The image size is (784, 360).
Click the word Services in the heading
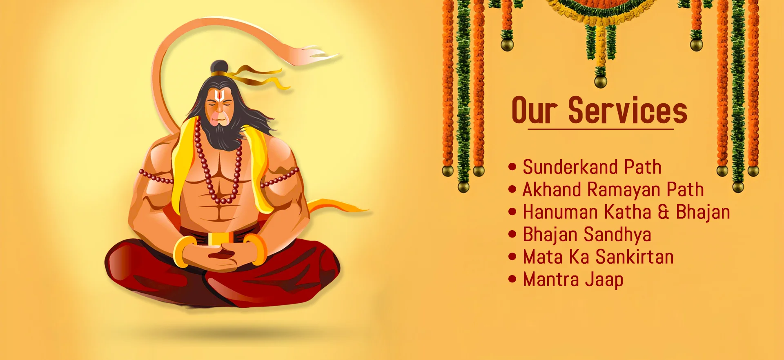628,110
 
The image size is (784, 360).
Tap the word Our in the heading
534,110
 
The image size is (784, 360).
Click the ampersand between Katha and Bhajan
664,212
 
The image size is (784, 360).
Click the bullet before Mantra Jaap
512,279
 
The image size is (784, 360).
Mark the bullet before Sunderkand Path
512,167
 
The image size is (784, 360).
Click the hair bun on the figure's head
219,67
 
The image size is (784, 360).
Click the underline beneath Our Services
601,129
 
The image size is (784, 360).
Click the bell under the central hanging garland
600,82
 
